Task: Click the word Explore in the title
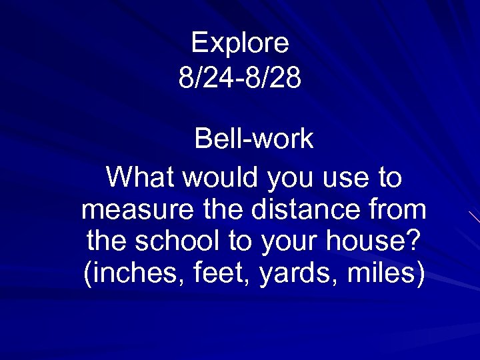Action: [240, 44]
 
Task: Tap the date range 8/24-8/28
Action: [240, 78]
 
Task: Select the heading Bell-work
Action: [253, 139]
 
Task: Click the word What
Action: [141, 178]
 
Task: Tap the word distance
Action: [297, 209]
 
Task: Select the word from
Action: [394, 209]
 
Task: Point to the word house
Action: [369, 242]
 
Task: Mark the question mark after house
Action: [414, 241]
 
